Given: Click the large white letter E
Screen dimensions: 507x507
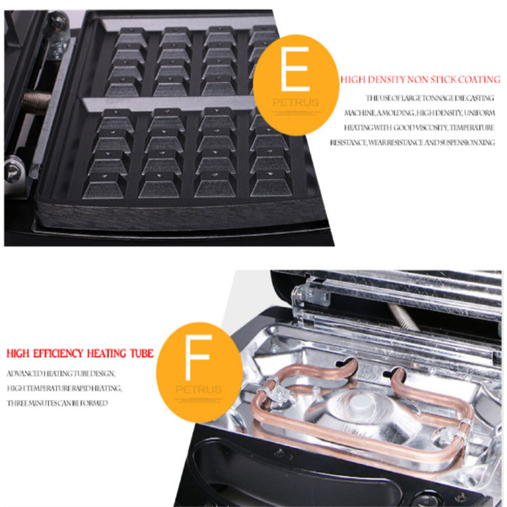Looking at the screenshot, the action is pos(296,69).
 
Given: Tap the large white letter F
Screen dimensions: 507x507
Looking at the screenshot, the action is pos(199,357).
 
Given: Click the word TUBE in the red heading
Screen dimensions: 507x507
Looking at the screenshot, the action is pos(142,353).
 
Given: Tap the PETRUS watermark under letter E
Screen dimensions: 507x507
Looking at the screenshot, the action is pos(296,103).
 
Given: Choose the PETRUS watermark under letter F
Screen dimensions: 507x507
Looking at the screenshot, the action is pos(199,389).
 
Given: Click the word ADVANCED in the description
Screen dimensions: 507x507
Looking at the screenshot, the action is pos(25,374).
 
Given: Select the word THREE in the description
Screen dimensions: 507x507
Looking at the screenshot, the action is pos(15,403).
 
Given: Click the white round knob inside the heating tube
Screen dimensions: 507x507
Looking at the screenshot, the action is pos(362,403).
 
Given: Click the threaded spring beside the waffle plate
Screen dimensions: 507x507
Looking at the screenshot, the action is pos(37,101).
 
